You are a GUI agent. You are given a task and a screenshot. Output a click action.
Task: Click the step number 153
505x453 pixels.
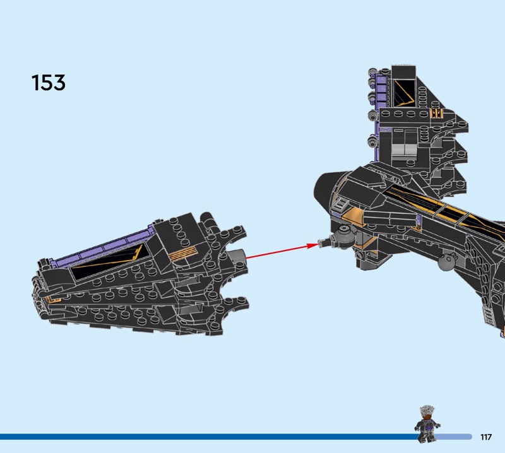pos(49,83)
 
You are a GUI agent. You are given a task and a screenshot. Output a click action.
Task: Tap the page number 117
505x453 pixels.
pos(486,437)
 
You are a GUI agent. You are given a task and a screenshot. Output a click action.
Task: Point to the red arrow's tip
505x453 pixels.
pos(319,245)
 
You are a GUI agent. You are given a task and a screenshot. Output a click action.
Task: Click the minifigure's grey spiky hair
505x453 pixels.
pos(427,411)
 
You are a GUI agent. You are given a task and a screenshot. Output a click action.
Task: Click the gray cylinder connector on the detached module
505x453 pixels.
pos(238,256)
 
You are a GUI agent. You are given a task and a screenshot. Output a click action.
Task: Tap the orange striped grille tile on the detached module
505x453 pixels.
pos(183,254)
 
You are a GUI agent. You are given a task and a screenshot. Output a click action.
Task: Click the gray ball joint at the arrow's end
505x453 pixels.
pos(343,237)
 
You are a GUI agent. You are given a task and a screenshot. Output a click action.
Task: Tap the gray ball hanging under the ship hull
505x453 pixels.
pos(446,261)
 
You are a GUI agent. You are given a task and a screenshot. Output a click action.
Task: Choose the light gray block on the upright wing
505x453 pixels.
pos(404,150)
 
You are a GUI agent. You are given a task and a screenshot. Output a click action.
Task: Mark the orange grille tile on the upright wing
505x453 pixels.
pos(437,114)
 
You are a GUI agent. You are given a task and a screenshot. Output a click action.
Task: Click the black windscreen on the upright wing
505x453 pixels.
pos(405,92)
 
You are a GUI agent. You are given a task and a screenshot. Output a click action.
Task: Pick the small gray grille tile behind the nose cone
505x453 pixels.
pos(341,203)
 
